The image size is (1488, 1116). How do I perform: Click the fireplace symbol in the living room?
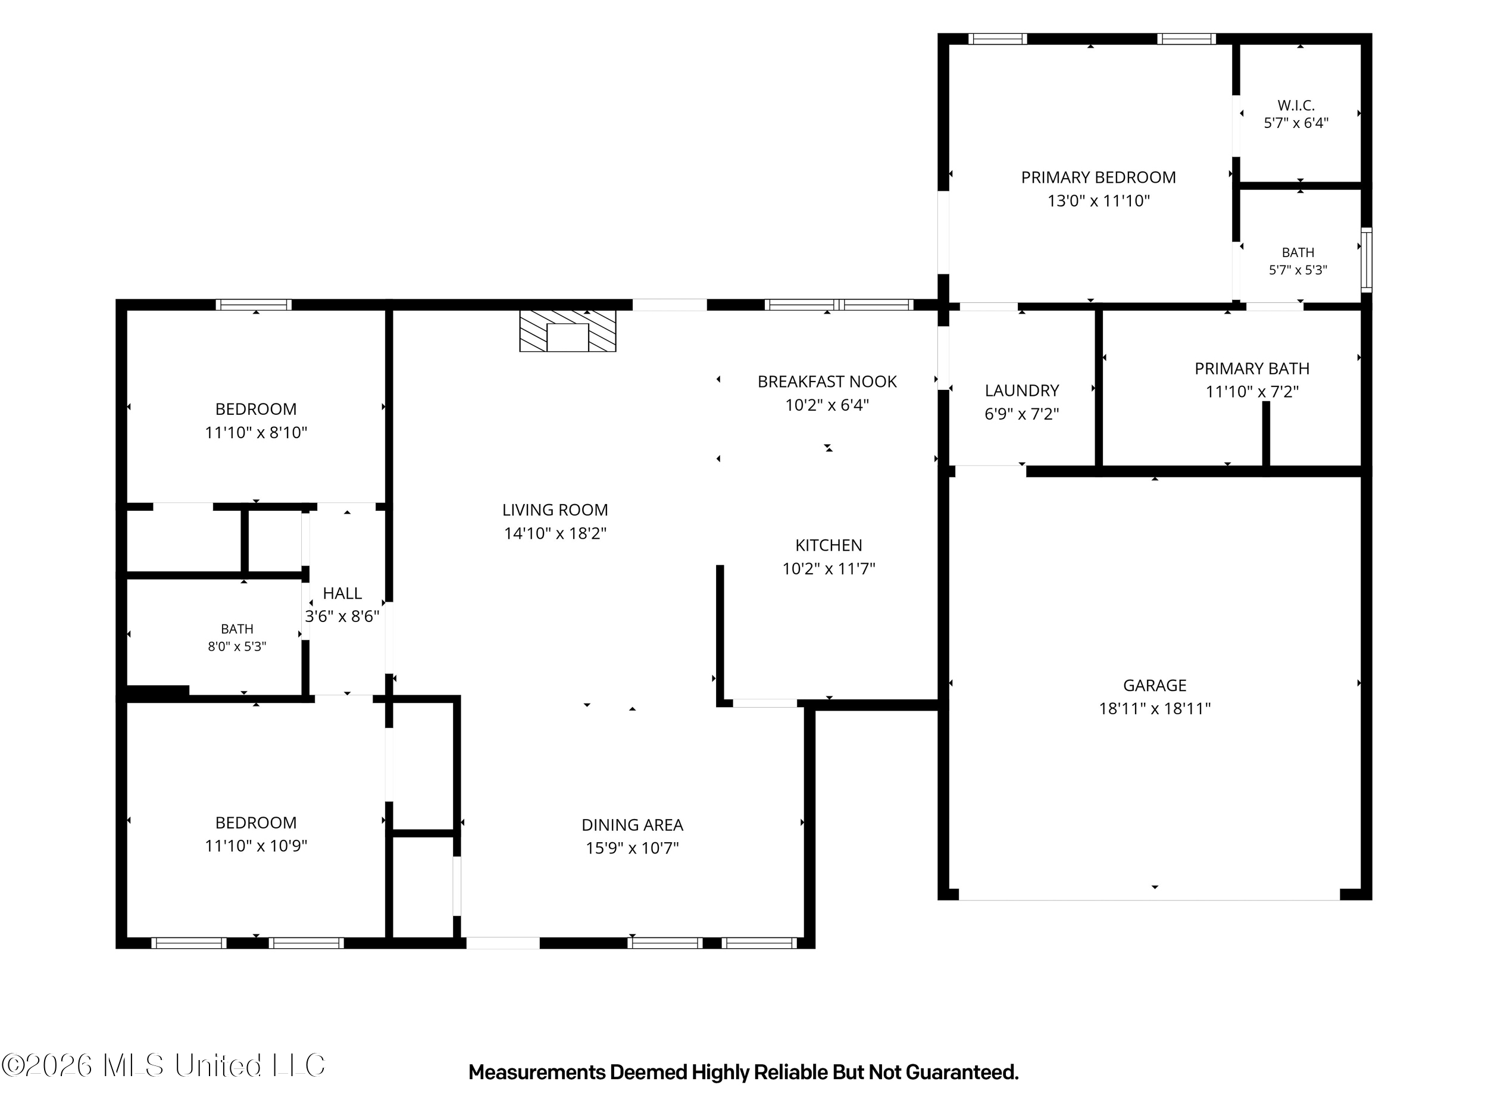click(x=568, y=330)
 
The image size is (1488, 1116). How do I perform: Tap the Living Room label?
click(x=555, y=510)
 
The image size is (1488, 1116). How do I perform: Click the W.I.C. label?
click(x=1296, y=105)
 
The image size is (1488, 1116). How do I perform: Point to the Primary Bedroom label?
click(x=1099, y=177)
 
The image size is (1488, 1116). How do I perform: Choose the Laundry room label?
click(x=1022, y=391)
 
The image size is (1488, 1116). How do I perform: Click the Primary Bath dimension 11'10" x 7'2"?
click(x=1252, y=392)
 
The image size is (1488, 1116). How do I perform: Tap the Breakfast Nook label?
click(x=827, y=382)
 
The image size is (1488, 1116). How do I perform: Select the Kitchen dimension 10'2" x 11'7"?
click(x=829, y=569)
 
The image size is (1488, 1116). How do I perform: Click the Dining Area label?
click(x=632, y=825)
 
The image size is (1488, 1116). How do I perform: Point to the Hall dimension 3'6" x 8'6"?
click(x=342, y=617)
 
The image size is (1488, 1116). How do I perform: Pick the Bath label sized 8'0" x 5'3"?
click(x=237, y=629)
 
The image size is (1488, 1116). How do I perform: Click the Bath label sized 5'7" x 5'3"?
click(x=1298, y=253)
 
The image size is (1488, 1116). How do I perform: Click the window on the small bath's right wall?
click(x=1366, y=260)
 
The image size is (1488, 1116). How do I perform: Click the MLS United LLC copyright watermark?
click(x=164, y=1065)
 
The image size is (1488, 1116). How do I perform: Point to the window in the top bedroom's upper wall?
click(x=254, y=305)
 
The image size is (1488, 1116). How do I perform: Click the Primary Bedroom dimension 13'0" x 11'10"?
click(x=1099, y=201)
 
